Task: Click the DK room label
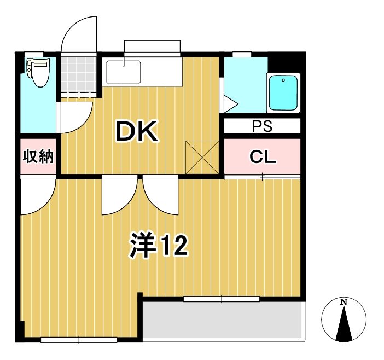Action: click(136, 131)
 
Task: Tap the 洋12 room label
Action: click(159, 246)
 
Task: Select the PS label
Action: click(262, 126)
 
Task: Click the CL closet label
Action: click(263, 157)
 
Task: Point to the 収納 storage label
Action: click(38, 156)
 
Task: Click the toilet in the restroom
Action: click(38, 74)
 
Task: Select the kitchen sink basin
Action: click(123, 72)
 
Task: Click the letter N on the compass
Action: click(344, 302)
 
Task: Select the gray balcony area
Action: click(222, 320)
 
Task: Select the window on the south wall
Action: click(79, 340)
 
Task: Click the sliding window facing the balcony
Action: click(222, 299)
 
